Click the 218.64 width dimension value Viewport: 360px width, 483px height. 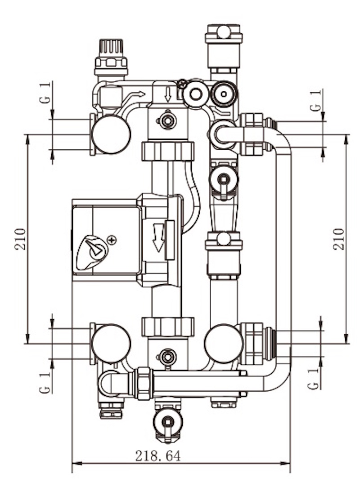[x=158, y=456]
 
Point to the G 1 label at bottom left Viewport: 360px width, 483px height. [x=45, y=382]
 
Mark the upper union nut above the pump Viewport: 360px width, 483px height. [x=168, y=151]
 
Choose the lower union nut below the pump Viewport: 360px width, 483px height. [x=168, y=327]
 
